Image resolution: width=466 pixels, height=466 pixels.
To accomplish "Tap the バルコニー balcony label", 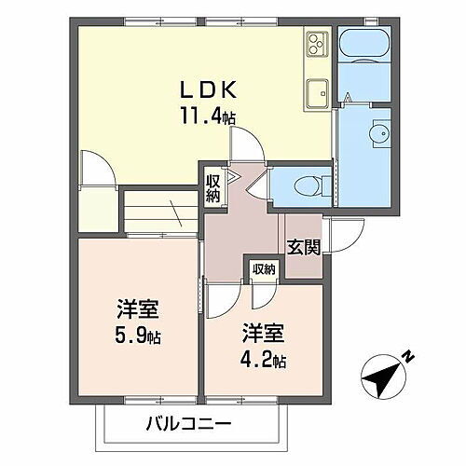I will pyautogui.click(x=187, y=427).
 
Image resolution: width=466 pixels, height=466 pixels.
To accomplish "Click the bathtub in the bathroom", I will pyautogui.click(x=364, y=44).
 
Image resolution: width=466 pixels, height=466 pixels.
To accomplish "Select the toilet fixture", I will pyautogui.click(x=307, y=183).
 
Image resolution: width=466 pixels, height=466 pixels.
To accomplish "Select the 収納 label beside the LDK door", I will pyautogui.click(x=213, y=187).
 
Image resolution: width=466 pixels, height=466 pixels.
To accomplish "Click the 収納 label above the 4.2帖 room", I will pyautogui.click(x=264, y=269).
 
